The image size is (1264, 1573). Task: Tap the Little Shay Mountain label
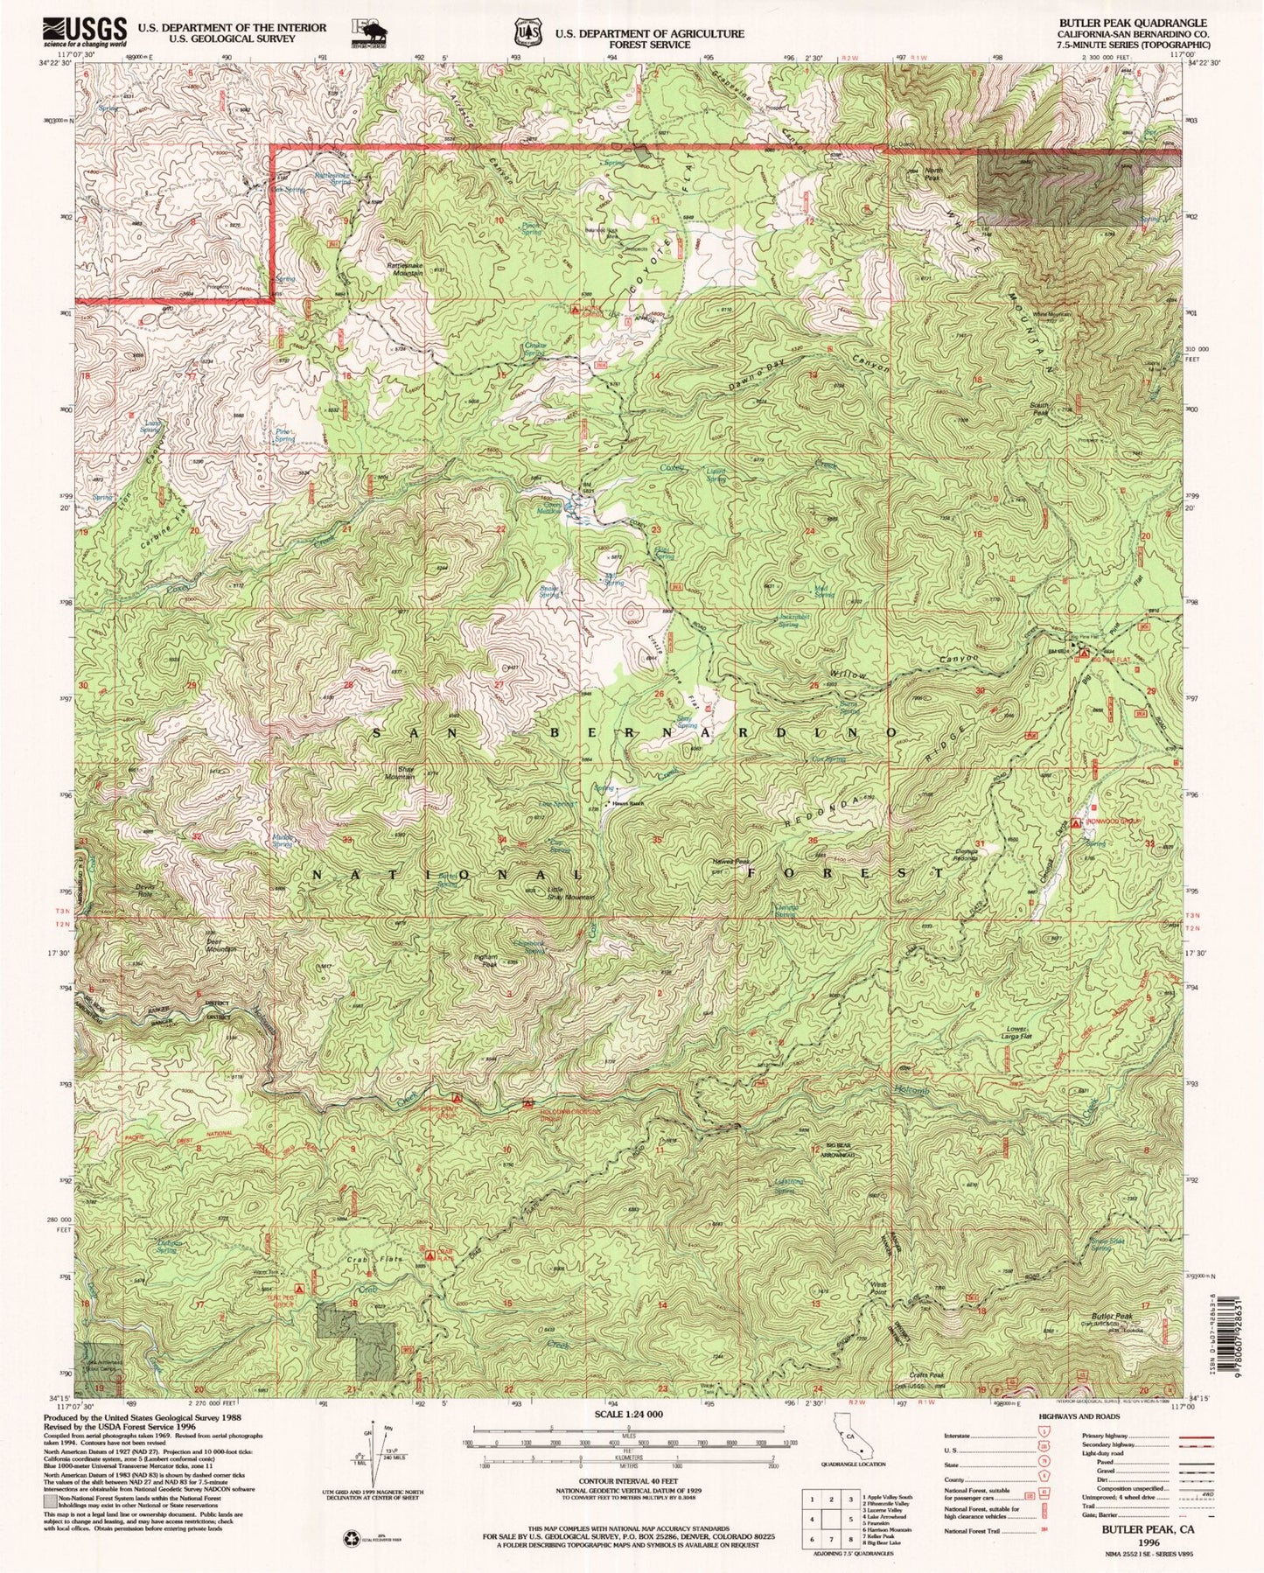coord(569,893)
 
